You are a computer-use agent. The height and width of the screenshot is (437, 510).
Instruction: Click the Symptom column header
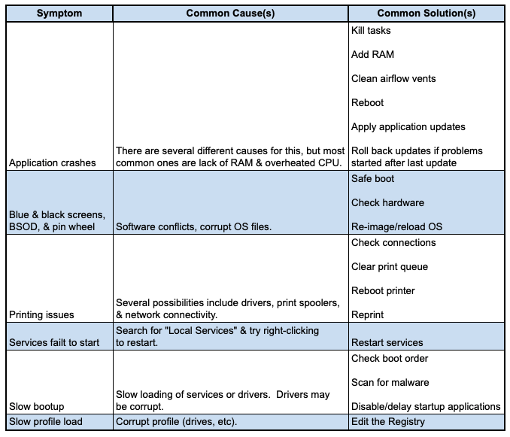(59, 14)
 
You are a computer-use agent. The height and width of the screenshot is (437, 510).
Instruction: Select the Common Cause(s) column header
(230, 14)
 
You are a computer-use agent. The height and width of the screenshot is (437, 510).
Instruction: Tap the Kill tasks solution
(371, 31)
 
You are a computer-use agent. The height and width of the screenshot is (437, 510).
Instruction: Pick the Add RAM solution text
(372, 55)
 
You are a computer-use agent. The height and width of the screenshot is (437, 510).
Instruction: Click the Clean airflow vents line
(393, 79)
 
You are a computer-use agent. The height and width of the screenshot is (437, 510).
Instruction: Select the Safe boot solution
(372, 179)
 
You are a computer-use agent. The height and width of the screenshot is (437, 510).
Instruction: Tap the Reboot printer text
(383, 291)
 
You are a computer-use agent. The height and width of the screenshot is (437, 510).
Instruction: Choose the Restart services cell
(387, 343)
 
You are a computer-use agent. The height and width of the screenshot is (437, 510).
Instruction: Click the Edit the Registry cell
(388, 421)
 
